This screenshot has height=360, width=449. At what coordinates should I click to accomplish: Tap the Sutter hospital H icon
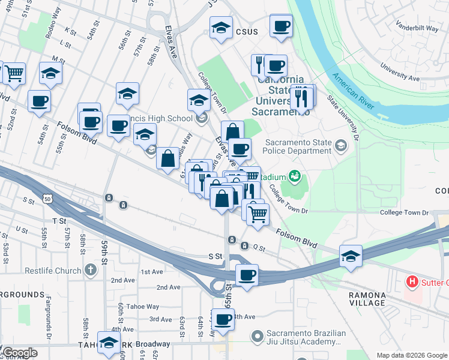pos(412,281)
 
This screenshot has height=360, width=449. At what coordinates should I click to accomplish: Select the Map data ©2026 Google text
pos(411,355)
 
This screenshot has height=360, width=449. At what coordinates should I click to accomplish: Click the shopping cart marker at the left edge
pos(14,73)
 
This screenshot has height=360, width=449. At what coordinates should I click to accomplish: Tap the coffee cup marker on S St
pos(247,275)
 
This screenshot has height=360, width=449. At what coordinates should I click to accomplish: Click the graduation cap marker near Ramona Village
pos(351,256)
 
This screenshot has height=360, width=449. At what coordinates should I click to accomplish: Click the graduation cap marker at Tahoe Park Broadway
pos(109,343)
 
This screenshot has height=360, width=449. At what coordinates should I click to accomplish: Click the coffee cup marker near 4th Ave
pos(223,319)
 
